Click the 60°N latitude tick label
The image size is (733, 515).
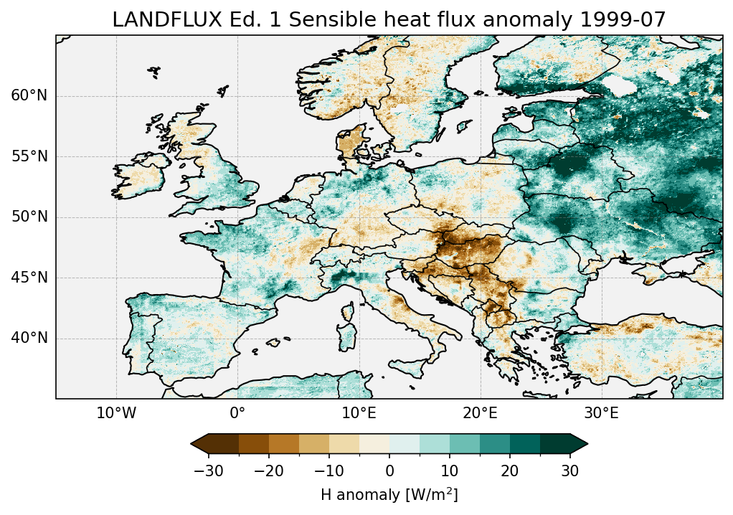(29, 96)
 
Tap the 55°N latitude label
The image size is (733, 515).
(29, 156)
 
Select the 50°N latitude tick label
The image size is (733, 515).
(29, 217)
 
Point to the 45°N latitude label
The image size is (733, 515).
(29, 278)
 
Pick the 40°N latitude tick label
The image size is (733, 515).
(29, 338)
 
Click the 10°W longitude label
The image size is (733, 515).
(116, 413)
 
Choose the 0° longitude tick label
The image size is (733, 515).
(237, 413)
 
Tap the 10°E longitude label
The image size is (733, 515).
(359, 413)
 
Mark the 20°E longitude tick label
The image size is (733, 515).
(480, 413)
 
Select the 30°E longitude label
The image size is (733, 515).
(601, 413)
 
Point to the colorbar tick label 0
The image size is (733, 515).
(389, 471)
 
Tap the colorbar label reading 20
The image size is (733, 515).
(510, 471)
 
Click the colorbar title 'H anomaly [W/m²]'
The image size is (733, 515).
(389, 494)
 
